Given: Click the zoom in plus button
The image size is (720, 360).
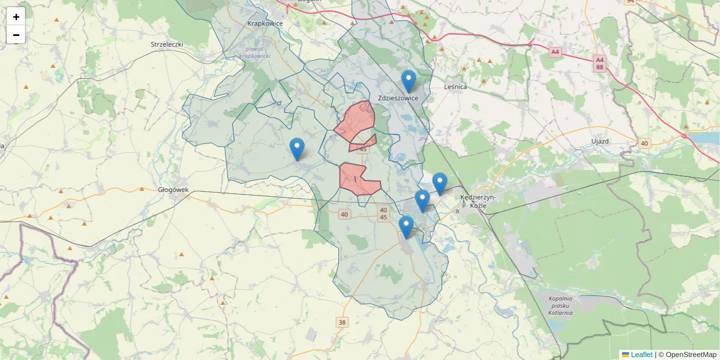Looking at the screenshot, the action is click(x=16, y=17).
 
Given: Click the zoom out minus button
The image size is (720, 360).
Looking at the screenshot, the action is click(x=16, y=35).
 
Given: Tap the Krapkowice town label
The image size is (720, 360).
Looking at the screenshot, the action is click(x=265, y=24).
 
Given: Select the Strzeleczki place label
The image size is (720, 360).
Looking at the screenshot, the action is click(x=167, y=44).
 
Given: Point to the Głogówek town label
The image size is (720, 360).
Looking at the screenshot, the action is click(x=173, y=190).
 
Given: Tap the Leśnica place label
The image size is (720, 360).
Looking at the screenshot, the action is click(x=455, y=86).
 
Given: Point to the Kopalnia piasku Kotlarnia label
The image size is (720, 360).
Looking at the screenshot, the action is click(x=560, y=305).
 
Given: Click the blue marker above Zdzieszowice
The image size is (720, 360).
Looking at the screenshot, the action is click(x=409, y=81).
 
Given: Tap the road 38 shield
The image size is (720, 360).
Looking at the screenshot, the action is click(x=342, y=322).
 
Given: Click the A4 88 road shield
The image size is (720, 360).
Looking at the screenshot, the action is click(x=599, y=64).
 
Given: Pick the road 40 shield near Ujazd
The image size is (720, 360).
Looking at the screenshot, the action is click(x=644, y=143).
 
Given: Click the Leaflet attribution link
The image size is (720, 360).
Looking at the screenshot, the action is click(x=641, y=355).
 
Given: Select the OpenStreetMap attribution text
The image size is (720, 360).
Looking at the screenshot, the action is click(x=691, y=355).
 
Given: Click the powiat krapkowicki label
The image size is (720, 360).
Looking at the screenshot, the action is click(x=255, y=52).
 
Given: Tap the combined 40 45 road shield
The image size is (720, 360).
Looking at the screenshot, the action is click(x=383, y=213).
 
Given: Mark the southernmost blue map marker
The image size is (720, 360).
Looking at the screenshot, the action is click(x=407, y=227).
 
